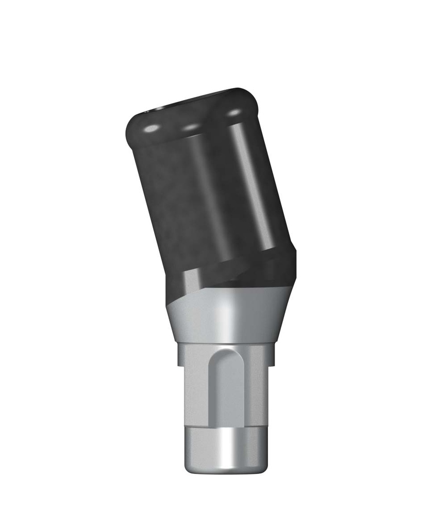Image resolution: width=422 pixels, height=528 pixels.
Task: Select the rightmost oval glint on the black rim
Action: click(234, 112)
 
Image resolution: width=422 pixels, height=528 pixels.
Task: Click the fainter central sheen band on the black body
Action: click(209, 196)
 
